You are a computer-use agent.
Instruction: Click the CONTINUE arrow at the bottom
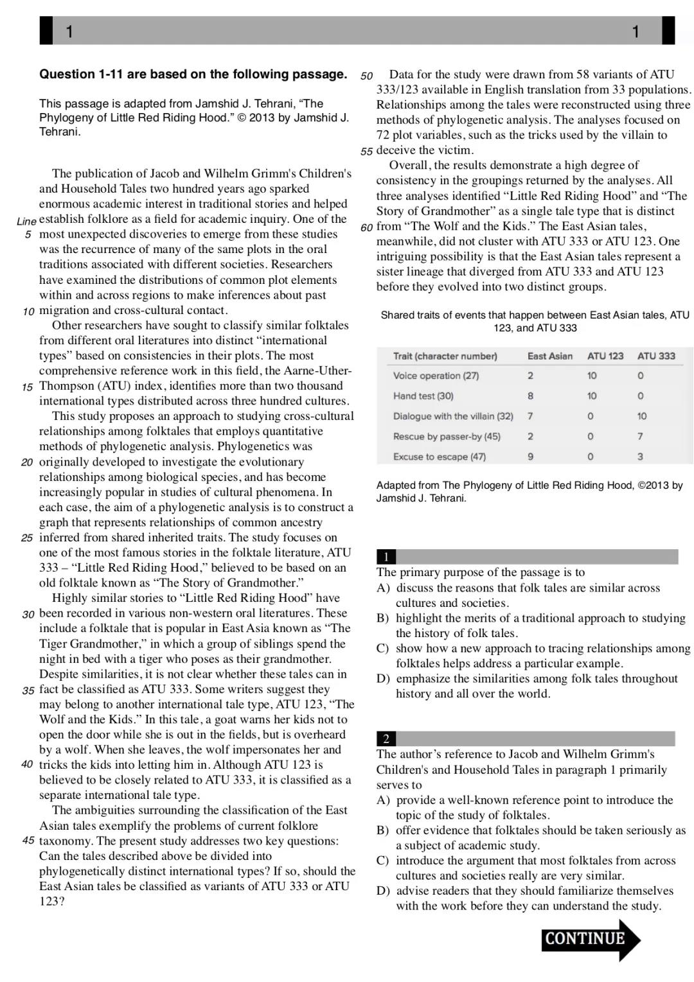tap(590, 939)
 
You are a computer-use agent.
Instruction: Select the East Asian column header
tap(549, 356)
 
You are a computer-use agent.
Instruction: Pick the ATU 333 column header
tap(655, 356)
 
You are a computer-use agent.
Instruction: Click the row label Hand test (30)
tap(423, 396)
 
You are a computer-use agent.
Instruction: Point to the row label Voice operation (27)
tap(436, 376)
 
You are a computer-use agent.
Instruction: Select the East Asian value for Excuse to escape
tap(530, 457)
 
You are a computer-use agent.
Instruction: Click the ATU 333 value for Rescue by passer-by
tap(640, 437)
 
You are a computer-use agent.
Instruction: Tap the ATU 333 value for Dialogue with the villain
tap(641, 416)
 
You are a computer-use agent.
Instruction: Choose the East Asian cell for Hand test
tap(530, 396)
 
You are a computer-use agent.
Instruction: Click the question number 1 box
tap(386, 557)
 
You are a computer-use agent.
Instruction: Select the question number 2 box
tap(386, 739)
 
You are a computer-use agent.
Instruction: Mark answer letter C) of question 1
tap(383, 649)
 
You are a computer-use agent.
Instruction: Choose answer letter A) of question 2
tap(383, 800)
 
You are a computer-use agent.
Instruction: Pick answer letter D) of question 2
tap(383, 891)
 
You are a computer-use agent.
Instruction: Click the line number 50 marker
tap(366, 75)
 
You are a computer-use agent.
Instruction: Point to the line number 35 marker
tap(28, 690)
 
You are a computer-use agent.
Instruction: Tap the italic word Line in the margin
tap(26, 221)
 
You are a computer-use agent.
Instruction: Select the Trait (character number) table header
tap(445, 356)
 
